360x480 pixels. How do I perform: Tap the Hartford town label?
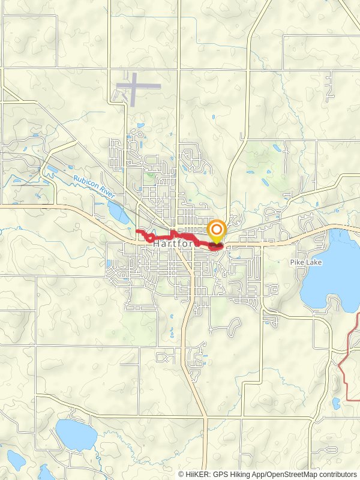coord(174,245)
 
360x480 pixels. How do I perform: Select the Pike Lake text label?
coord(305,262)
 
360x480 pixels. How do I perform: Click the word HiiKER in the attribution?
coord(197,474)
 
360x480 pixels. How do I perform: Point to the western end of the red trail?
coord(137,230)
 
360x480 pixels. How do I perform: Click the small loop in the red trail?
coord(148,238)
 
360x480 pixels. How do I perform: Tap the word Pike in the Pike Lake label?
coord(296,262)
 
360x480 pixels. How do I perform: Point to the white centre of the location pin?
coord(217,229)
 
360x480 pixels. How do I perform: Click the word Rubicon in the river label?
coord(83,182)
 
